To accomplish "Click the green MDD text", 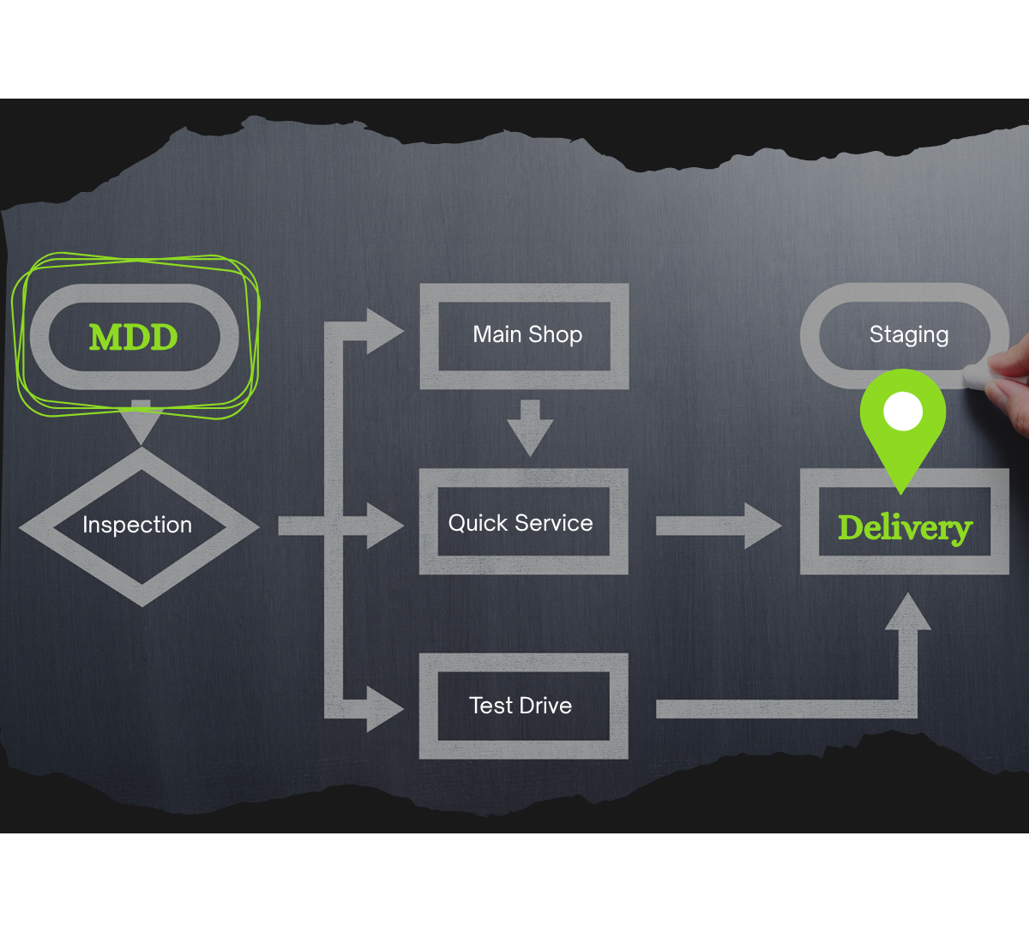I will click(x=134, y=337).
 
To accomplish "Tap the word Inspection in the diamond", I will click(x=137, y=525).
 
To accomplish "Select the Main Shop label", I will click(x=527, y=334).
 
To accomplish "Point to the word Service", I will click(x=554, y=523).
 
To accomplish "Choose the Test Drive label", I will click(x=521, y=706).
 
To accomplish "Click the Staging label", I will click(x=909, y=334).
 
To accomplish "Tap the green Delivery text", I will click(x=905, y=528).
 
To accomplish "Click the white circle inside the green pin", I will click(x=902, y=412).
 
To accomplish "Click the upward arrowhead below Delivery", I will click(x=907, y=612).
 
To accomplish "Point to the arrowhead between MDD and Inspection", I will click(x=141, y=424).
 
